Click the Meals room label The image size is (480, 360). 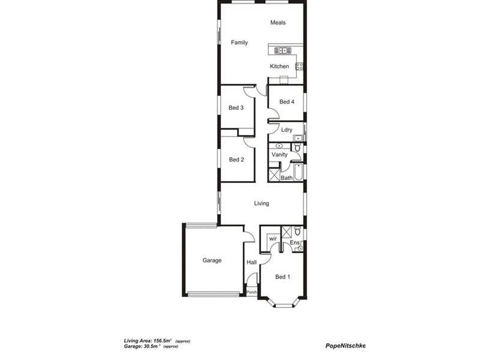(277, 23)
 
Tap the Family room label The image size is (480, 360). (239, 43)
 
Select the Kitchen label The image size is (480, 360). (279, 67)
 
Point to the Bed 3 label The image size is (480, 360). (236, 108)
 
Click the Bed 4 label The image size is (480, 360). (287, 102)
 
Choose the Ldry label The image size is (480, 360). (286, 130)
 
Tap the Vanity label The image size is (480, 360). (279, 155)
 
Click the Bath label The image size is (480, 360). (287, 178)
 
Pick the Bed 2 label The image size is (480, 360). (236, 160)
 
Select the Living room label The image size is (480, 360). (261, 203)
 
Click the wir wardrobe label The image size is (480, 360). (272, 238)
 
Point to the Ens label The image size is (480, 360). (294, 242)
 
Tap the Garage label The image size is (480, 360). (212, 260)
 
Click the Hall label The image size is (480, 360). (252, 262)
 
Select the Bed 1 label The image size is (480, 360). (283, 277)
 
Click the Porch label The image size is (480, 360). (252, 292)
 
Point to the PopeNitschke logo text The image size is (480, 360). (345, 345)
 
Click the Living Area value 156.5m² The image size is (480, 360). (163, 340)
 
